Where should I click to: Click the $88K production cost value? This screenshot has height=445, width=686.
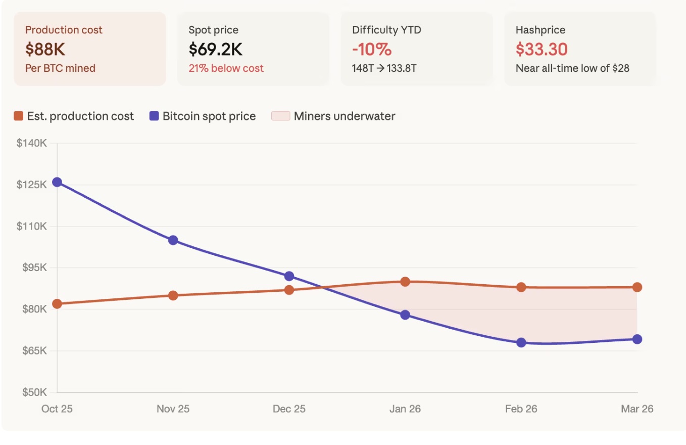coord(45,49)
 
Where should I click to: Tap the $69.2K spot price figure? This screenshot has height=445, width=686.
coord(216,49)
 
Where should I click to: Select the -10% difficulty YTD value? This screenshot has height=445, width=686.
coord(372,49)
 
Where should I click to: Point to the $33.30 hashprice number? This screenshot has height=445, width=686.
coord(542,49)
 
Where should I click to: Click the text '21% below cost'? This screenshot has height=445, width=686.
coord(226,68)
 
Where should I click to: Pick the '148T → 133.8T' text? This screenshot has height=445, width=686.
coord(384,68)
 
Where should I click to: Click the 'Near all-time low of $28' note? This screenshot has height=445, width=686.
coord(572,68)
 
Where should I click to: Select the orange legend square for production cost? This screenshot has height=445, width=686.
coord(19,116)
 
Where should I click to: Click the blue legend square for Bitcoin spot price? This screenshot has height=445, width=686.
coord(154,116)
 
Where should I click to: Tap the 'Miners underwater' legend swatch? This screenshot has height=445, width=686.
coord(280,116)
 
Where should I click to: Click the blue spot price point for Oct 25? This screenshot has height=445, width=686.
coord(57,182)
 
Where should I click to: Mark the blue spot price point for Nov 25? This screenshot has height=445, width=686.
coord(173,240)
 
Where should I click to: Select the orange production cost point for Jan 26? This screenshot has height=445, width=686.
coord(405,282)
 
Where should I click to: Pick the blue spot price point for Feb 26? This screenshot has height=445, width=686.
coord(521,342)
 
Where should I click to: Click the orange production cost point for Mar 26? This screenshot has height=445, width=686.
coord(637,287)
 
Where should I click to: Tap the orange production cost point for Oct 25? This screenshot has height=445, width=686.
coord(57,304)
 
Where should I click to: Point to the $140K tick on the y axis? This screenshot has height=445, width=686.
coord(32,143)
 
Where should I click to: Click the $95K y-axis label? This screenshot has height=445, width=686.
coord(34,268)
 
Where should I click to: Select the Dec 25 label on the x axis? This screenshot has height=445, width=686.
coord(289,409)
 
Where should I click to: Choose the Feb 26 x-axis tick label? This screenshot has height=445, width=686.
coord(521,409)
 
